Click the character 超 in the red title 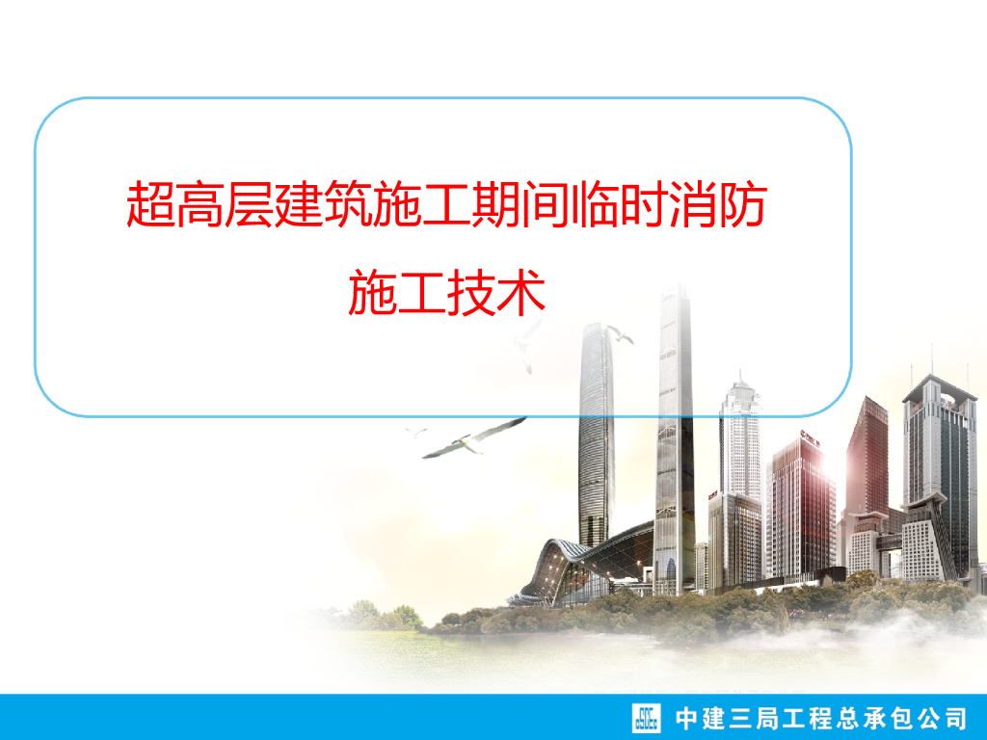tap(150, 205)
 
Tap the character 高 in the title tap(199, 205)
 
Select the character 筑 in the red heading tap(345, 205)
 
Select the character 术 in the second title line tap(520, 293)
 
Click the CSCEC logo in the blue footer tap(647, 717)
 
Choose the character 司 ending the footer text tap(952, 718)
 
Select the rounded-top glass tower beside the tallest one tap(596, 434)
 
